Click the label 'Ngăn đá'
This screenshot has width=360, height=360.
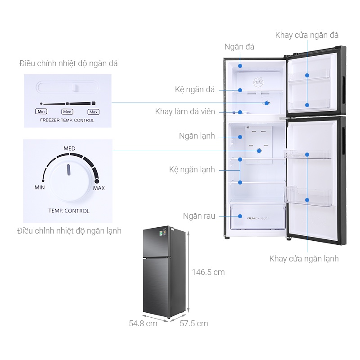[x=239, y=47]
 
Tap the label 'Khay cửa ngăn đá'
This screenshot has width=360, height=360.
[x=307, y=35]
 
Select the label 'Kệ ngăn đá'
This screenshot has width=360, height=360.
[x=195, y=90]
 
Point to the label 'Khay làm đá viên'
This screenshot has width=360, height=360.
[x=185, y=112]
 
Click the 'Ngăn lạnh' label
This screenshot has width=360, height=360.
[x=197, y=135]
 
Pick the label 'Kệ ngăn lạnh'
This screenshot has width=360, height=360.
[x=192, y=170]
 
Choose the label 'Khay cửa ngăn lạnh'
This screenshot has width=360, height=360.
[x=304, y=259]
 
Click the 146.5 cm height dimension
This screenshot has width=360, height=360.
[x=208, y=272]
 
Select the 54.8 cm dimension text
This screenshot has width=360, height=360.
[x=143, y=324]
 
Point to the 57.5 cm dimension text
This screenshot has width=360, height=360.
[x=194, y=324]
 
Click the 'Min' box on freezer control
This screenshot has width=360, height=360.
[x=41, y=112]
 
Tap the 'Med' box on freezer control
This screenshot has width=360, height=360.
[x=67, y=112]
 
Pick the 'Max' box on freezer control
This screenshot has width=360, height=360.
[x=93, y=112]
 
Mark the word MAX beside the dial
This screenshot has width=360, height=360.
[x=99, y=188]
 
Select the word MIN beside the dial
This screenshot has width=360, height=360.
[x=40, y=187]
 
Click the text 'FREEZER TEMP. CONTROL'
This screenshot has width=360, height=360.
[x=67, y=121]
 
